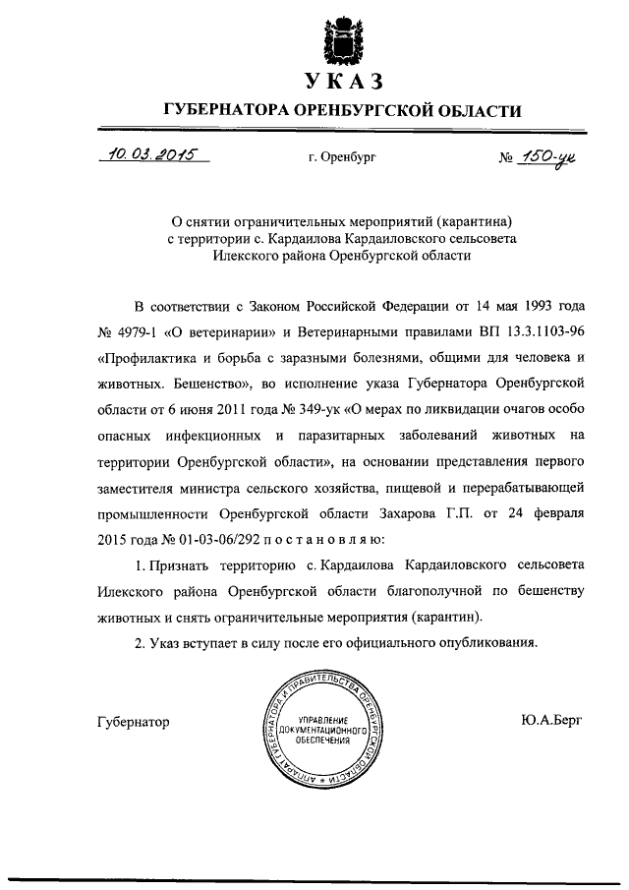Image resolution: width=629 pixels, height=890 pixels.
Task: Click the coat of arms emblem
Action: (x=341, y=36)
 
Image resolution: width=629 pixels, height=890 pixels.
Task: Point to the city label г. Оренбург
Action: (x=341, y=156)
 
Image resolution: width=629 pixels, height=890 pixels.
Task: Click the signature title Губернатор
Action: (x=135, y=722)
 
